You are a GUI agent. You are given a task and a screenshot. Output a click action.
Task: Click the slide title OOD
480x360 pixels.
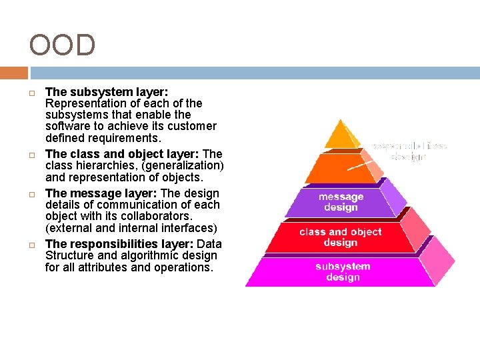tap(62, 45)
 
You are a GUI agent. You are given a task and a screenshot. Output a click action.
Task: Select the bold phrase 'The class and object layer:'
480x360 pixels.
tap(122, 153)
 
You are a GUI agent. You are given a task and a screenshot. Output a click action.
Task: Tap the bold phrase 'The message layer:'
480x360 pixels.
tap(101, 193)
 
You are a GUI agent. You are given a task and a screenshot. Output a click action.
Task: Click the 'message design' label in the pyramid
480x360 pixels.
tap(341, 202)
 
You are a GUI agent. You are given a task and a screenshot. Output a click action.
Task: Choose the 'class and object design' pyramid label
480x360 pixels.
tap(340, 237)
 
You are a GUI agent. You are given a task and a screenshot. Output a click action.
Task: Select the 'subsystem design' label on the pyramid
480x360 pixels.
tap(343, 272)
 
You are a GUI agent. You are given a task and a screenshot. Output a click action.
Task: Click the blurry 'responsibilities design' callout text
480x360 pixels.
tap(409, 151)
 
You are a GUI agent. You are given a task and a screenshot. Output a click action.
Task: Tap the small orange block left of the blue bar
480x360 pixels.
tap(13, 73)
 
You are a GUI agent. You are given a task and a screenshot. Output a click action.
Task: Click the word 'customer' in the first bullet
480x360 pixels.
tap(192, 126)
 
